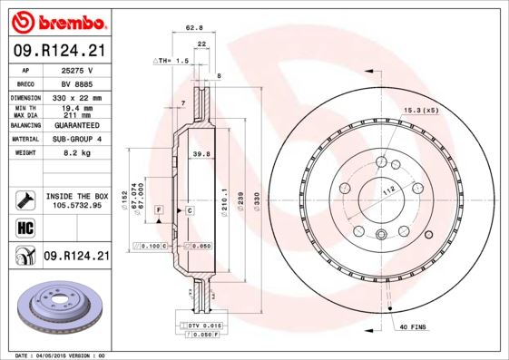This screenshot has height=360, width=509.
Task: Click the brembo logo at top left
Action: coord(55,20)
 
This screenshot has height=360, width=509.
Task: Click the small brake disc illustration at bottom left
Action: coord(55,307)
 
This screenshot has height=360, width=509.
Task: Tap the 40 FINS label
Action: coord(413,326)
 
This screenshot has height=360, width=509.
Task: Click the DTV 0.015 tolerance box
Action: coord(206,325)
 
